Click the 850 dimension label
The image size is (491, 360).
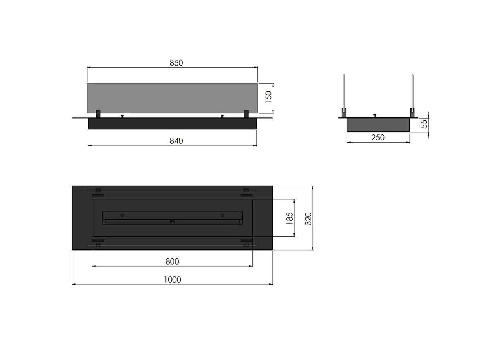pos(176,63)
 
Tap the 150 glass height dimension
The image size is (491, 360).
pos(268,97)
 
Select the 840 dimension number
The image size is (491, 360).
pos(176,141)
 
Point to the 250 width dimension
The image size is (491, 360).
pos(378,138)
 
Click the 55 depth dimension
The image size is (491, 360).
pos(424,124)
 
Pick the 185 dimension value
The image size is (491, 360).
pos(290,218)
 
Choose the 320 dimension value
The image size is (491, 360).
pos(308,219)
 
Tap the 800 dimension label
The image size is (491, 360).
pos(172,261)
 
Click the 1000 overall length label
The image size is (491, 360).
pos(173,280)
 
